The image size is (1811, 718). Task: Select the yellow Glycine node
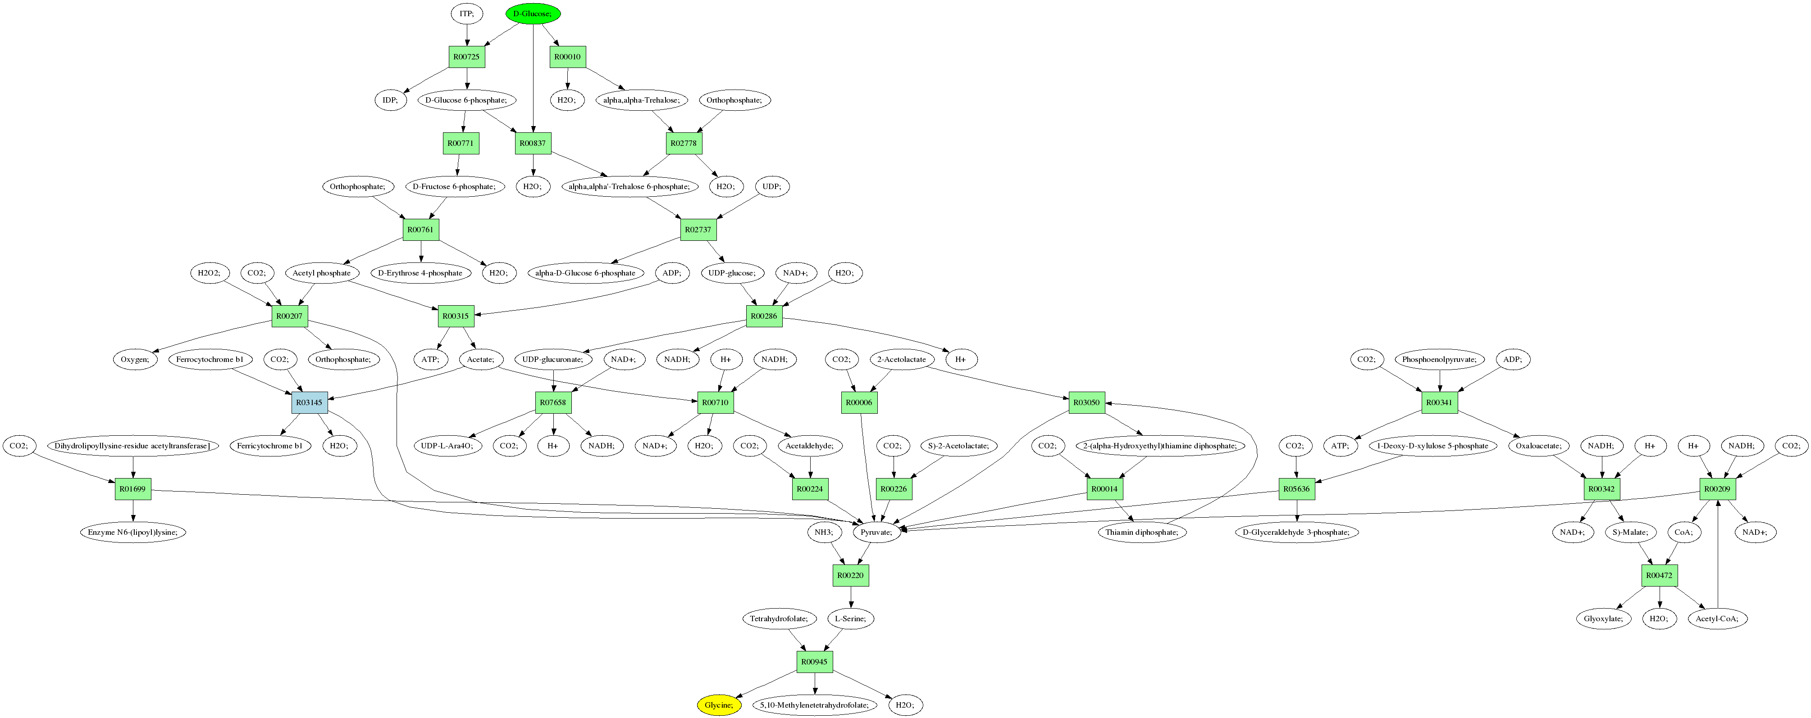pos(718,704)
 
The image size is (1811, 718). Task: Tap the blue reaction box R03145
pos(309,402)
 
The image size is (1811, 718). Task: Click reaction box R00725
pos(467,57)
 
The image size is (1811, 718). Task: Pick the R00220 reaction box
pos(850,575)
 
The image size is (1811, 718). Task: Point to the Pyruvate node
pos(876,532)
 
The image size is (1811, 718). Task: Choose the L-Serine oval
pos(850,618)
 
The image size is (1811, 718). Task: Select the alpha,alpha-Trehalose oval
pos(641,100)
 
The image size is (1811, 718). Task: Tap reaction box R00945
pos(814,662)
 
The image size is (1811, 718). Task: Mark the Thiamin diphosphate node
pos(1141,532)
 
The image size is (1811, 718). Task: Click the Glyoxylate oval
pos(1603,618)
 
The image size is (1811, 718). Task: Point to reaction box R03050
pos(1086,402)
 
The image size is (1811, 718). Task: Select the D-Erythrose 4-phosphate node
pos(420,273)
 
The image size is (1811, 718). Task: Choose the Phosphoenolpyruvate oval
pos(1439,359)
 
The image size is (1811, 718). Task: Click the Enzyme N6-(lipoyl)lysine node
pos(133,532)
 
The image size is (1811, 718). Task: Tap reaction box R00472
pos(1659,575)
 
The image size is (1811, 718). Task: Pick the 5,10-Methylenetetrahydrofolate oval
pos(814,704)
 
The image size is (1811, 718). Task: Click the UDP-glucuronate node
pos(552,359)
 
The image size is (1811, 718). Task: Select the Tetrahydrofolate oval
pos(778,618)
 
